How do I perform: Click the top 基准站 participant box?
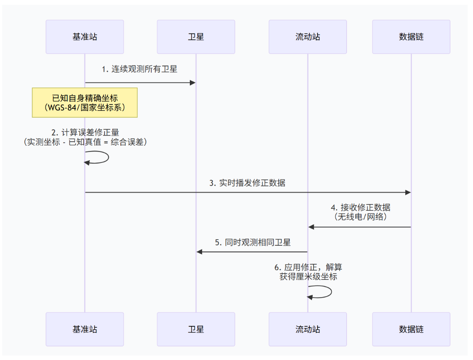point(85,37)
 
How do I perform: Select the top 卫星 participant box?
point(196,37)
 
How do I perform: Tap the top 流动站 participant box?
point(308,37)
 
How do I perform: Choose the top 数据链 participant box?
point(411,37)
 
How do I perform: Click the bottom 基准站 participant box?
point(85,329)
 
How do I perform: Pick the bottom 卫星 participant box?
point(196,329)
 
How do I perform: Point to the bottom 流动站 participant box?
point(308,329)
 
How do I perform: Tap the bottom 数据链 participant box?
point(411,329)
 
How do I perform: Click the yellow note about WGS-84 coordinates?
point(85,103)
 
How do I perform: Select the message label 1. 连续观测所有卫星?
point(139,69)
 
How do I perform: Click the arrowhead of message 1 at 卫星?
point(193,83)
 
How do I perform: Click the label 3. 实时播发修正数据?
point(247,183)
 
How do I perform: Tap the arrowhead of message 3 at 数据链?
point(408,192)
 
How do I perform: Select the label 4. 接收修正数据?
point(361,207)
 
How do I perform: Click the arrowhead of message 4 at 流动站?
point(311,227)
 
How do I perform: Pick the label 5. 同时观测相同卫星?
point(253,242)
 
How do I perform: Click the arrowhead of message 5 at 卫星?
point(200,252)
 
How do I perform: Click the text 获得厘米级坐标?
point(308,276)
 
